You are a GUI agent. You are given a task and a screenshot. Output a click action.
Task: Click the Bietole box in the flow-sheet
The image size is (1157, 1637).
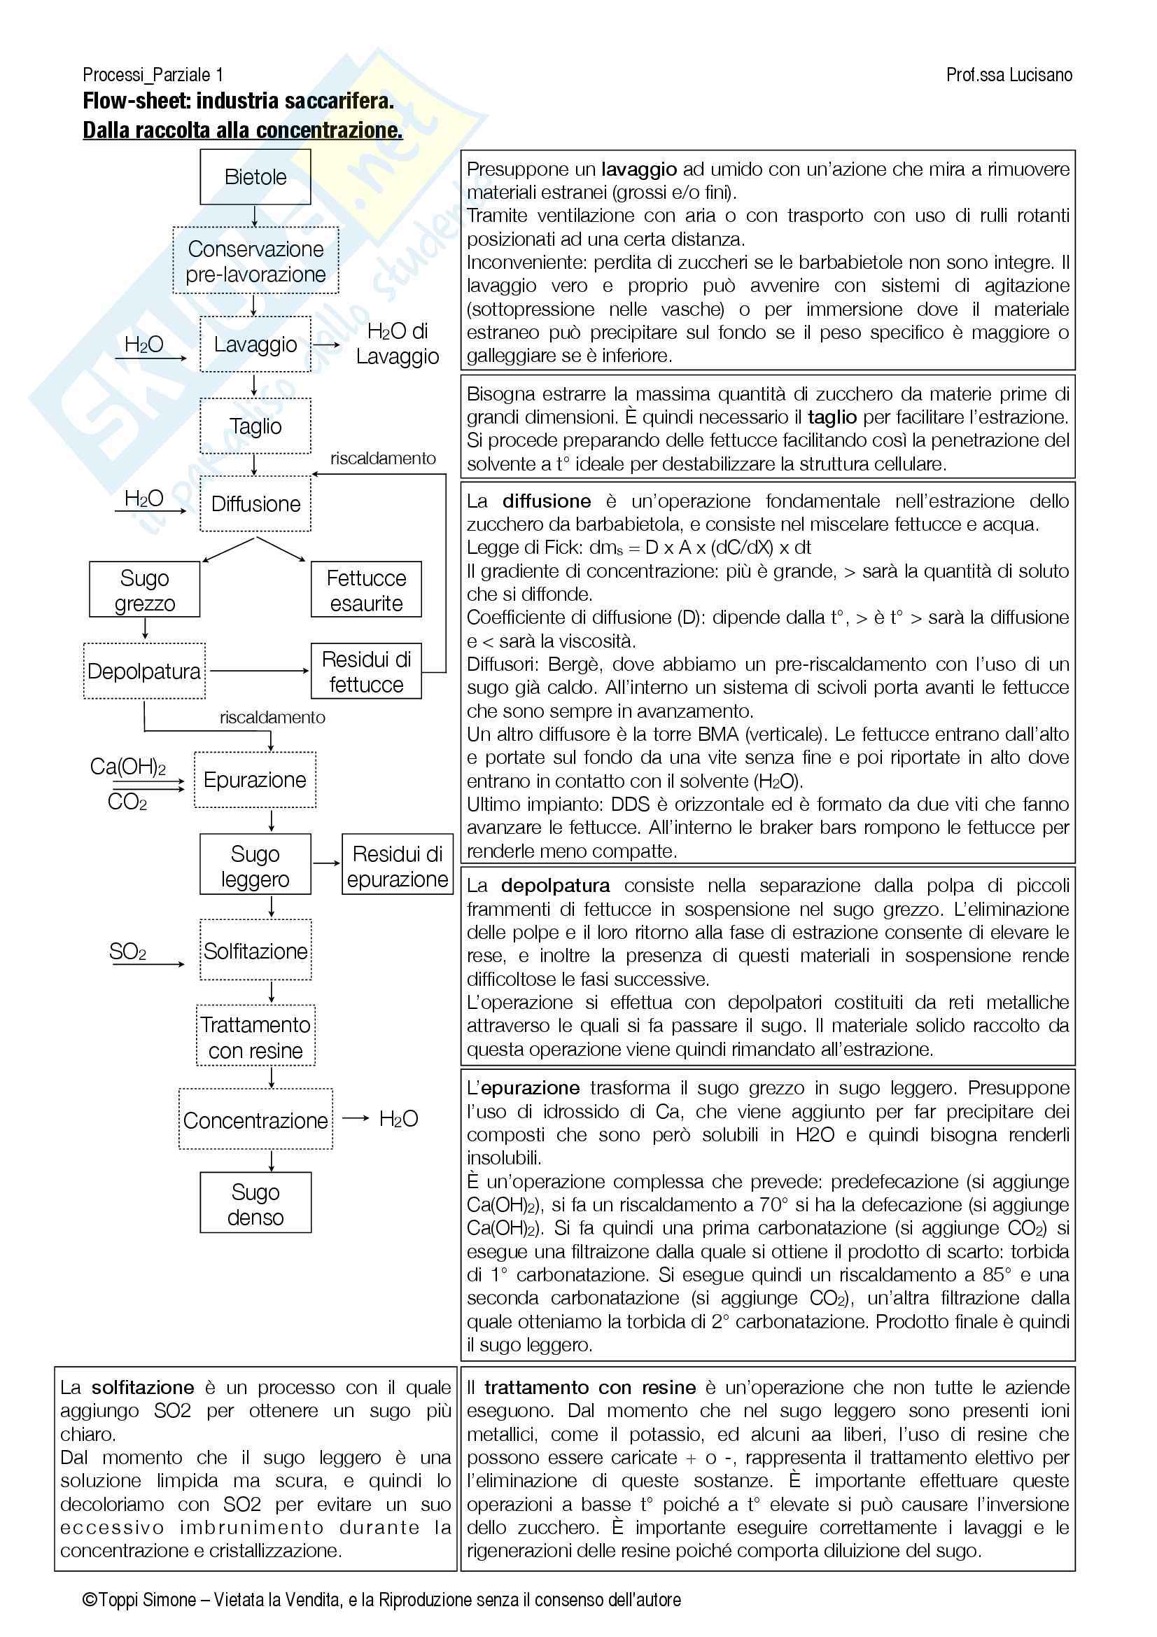pos(255,177)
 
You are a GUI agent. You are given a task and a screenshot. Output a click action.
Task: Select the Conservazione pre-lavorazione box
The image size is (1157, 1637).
pos(255,261)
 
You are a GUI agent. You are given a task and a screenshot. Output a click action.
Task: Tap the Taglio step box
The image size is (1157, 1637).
pos(255,426)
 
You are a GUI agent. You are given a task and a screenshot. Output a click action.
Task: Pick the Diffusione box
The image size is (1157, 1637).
pos(255,504)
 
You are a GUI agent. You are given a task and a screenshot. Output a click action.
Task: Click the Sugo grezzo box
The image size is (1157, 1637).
pos(144,590)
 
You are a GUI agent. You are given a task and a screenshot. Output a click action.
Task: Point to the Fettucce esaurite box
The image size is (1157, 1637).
pos(365,590)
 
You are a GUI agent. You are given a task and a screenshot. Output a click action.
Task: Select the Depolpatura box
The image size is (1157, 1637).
pos(144,671)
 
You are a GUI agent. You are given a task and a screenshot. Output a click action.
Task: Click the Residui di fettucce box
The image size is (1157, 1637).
pos(365,671)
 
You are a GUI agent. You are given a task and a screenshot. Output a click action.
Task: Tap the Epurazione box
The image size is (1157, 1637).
pos(255,779)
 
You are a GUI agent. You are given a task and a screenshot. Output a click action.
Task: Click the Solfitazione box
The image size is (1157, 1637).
pos(255,950)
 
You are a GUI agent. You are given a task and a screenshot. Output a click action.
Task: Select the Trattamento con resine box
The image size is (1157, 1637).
pos(255,1037)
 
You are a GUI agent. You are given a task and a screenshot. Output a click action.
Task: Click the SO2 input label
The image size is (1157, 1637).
pos(127,951)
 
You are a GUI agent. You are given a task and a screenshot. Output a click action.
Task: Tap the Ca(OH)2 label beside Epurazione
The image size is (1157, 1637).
pos(127,767)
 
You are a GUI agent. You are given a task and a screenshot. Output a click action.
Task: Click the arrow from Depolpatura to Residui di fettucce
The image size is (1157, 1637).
pos(258,671)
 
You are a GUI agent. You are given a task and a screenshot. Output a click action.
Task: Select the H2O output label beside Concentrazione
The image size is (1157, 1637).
pos(398,1119)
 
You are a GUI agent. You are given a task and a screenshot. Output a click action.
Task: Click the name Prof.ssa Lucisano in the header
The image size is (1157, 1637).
pos(1009,75)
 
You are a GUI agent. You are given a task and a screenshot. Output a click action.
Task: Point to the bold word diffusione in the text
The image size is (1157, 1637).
pos(546,501)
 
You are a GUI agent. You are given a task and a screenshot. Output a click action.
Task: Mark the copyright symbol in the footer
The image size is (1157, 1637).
pos(90,1600)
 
